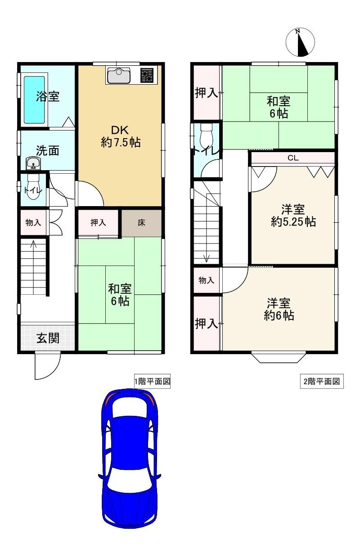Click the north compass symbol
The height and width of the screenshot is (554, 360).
pyautogui.click(x=300, y=42)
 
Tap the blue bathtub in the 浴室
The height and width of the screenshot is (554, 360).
pyautogui.click(x=34, y=99)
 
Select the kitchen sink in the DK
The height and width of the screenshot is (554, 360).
pyautogui.click(x=119, y=75)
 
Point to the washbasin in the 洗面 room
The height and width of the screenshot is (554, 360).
pyautogui.click(x=33, y=163)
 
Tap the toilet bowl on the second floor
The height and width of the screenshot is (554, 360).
pyautogui.click(x=207, y=135)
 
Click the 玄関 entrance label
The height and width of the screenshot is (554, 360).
pyautogui.click(x=48, y=338)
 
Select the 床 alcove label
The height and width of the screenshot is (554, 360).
pyautogui.click(x=141, y=223)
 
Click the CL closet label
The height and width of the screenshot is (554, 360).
pyautogui.click(x=293, y=158)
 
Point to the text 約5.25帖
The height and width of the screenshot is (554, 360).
pyautogui.click(x=293, y=221)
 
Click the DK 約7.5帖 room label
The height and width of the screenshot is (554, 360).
pyautogui.click(x=121, y=136)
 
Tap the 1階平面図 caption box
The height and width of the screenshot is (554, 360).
pyautogui.click(x=152, y=381)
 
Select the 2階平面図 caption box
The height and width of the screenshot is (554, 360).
pyautogui.click(x=322, y=381)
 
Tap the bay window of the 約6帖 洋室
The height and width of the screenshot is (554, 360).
pyautogui.click(x=279, y=357)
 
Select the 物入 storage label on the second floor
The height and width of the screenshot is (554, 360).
pyautogui.click(x=207, y=280)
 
